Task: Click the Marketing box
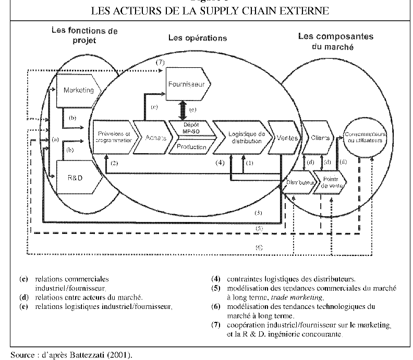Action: click(78, 90)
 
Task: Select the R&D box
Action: click(76, 177)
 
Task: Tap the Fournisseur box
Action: click(189, 83)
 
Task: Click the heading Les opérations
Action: click(197, 38)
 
